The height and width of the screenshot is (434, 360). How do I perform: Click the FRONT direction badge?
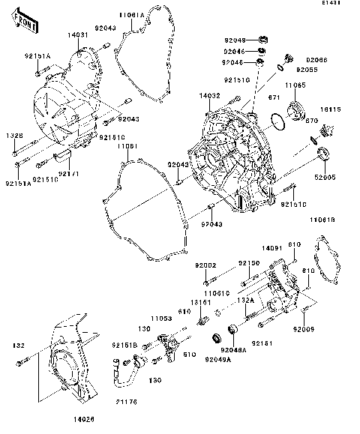[26, 22]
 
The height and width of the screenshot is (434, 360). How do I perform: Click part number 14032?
[209, 97]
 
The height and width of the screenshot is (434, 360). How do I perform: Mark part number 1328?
[16, 136]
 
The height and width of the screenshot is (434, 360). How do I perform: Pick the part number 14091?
[271, 247]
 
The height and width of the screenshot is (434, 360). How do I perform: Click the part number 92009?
[304, 329]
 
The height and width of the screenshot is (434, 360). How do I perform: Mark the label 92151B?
[124, 345]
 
